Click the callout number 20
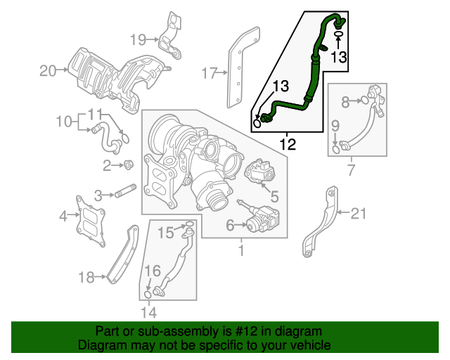click(47, 70)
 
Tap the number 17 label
click(209, 72)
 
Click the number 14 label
click(148, 312)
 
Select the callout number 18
click(86, 278)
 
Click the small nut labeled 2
click(129, 165)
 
